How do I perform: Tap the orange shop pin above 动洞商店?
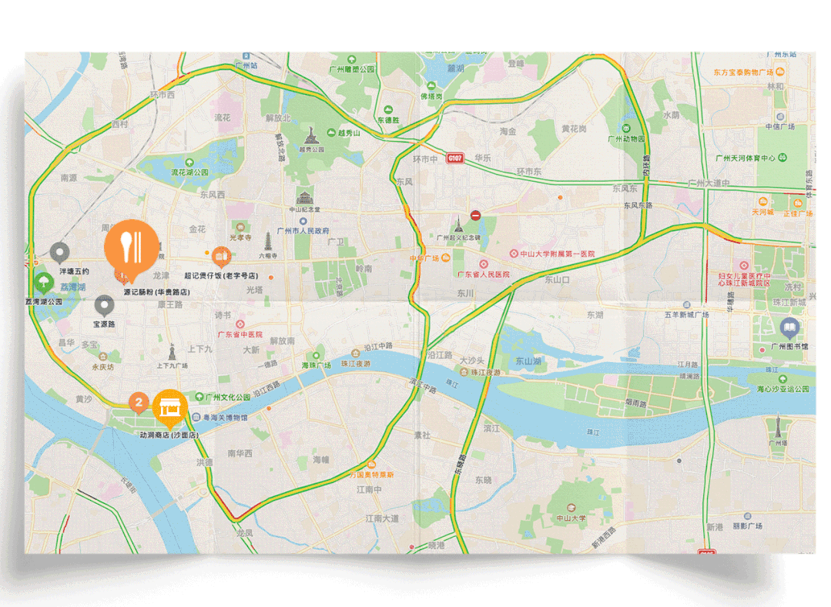[x=170, y=407]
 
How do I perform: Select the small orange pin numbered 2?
[x=138, y=401]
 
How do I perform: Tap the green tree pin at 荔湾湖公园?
[x=43, y=283]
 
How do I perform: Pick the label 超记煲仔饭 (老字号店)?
[x=220, y=275]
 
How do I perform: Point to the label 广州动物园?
[x=625, y=139]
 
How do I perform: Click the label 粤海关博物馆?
[x=225, y=417]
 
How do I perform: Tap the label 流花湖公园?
[x=189, y=173]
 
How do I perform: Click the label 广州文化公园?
[x=228, y=397]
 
